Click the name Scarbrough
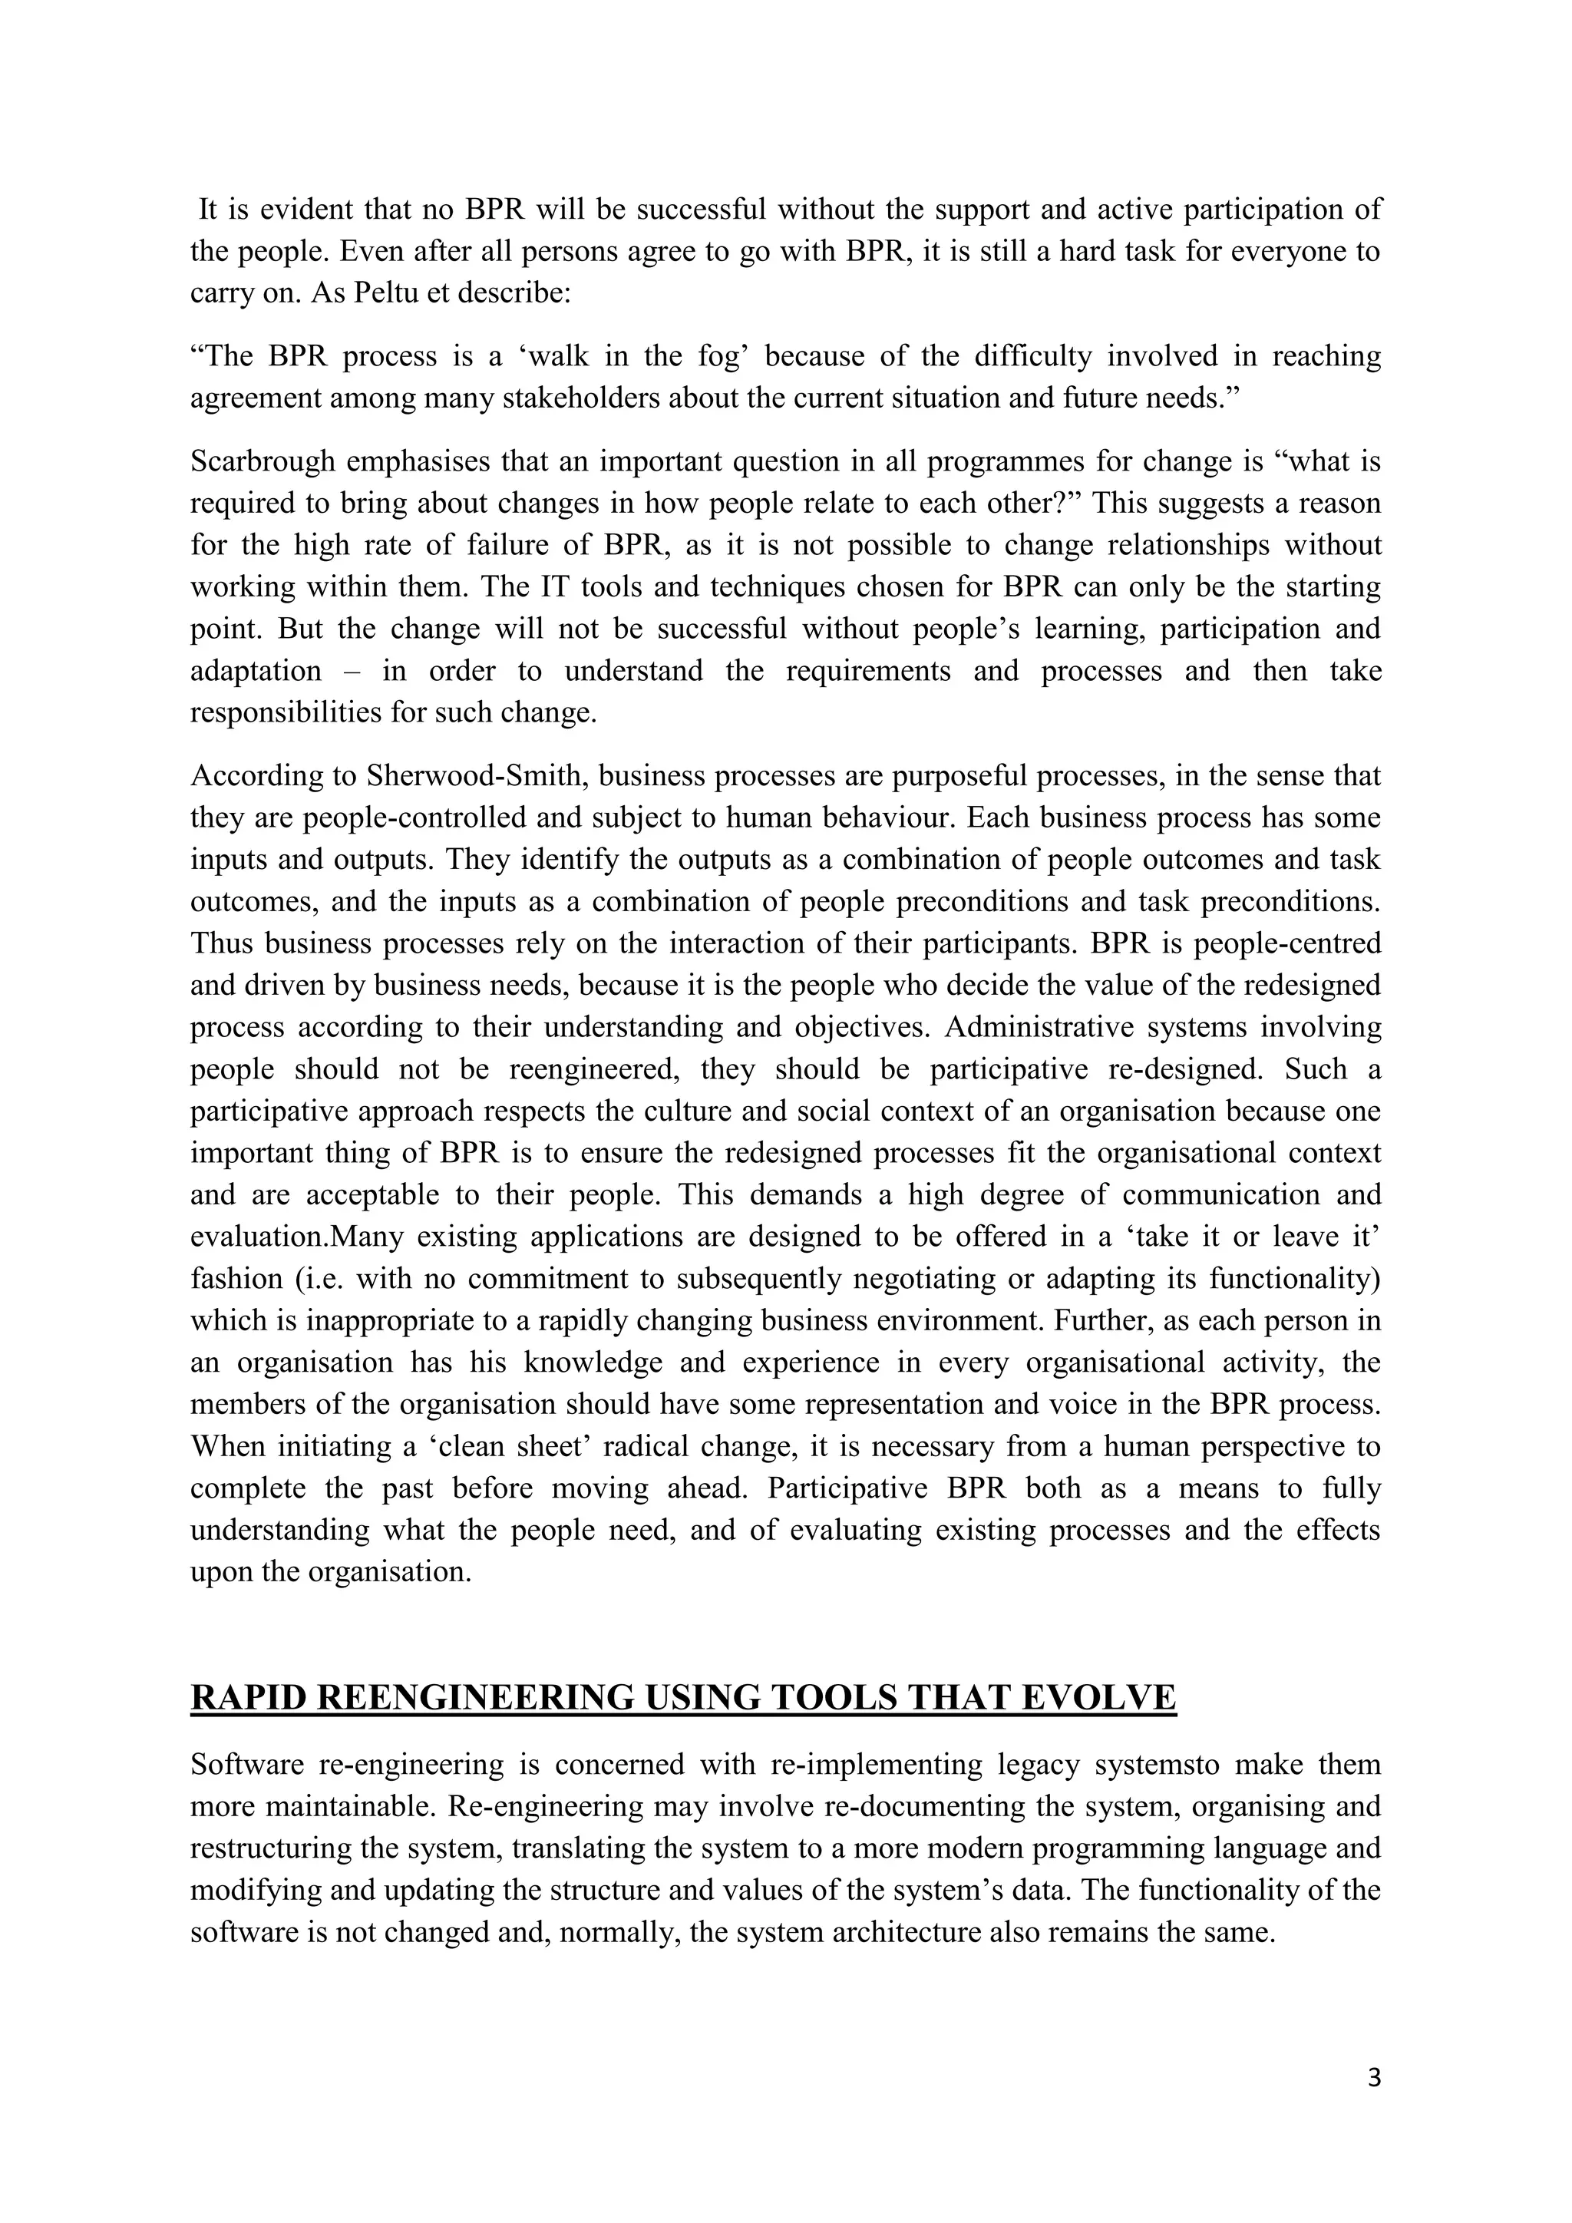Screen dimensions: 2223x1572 pos(261,462)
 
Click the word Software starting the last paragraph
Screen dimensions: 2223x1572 pos(247,1764)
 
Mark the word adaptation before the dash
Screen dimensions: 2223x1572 pos(255,671)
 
